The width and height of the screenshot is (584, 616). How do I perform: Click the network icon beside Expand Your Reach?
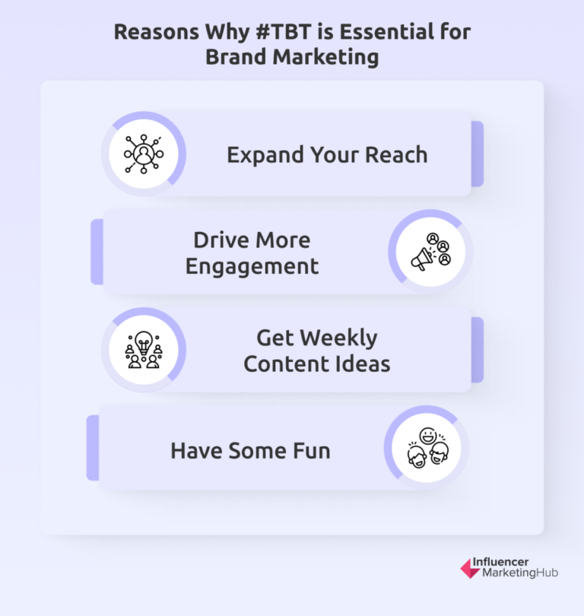pyautogui.click(x=143, y=154)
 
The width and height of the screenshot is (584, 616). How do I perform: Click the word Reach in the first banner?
pyautogui.click(x=397, y=155)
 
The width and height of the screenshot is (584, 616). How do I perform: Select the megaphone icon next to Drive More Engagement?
pyautogui.click(x=430, y=252)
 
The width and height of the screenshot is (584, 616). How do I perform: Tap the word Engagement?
pyautogui.click(x=252, y=266)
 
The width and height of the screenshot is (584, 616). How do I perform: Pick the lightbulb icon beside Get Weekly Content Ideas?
pyautogui.click(x=143, y=350)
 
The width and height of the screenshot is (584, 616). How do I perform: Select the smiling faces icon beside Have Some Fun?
pyautogui.click(x=426, y=448)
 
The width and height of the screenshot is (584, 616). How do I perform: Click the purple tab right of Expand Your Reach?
pyautogui.click(x=477, y=154)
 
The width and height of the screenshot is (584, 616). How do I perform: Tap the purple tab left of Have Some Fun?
pyautogui.click(x=93, y=447)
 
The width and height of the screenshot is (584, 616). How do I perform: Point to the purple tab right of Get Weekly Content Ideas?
pyautogui.click(x=477, y=350)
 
